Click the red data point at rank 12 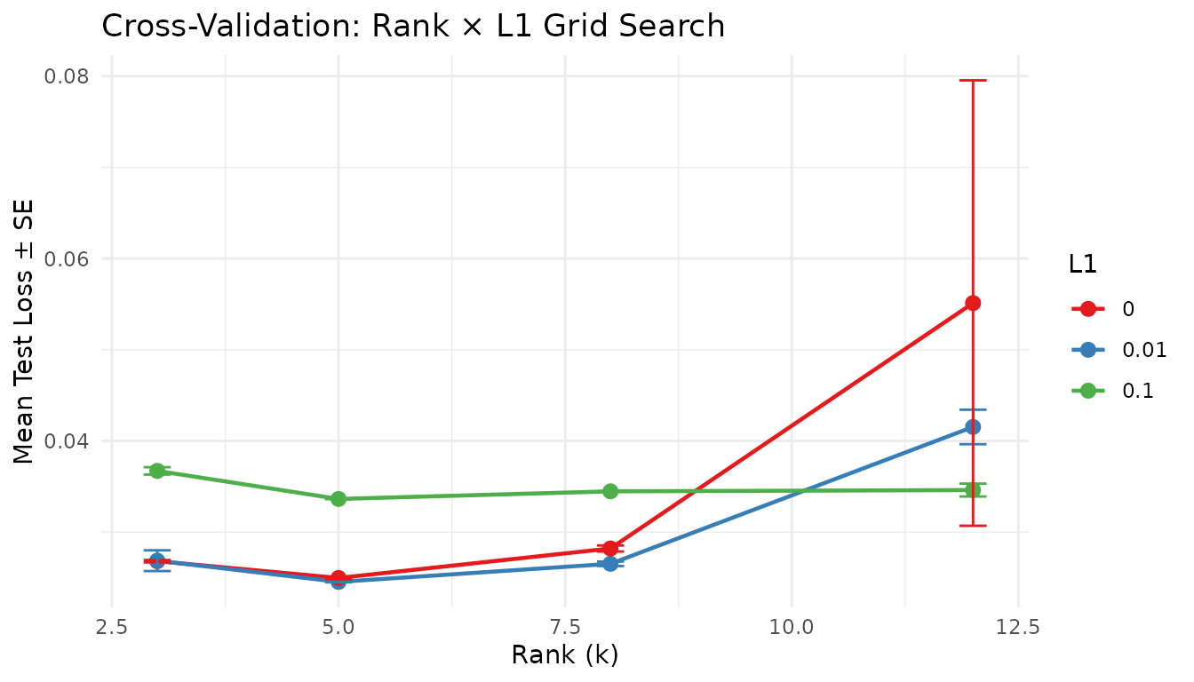[x=973, y=303]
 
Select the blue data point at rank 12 [x=973, y=427]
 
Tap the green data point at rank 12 [x=973, y=490]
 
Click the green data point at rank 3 [x=157, y=471]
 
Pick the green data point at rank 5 [x=338, y=499]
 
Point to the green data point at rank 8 [x=610, y=491]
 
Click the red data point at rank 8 [x=610, y=549]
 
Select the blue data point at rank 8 [x=610, y=564]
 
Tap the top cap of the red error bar [x=973, y=80]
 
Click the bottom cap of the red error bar [x=973, y=526]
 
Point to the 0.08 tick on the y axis [x=68, y=76]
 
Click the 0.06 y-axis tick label [x=68, y=258]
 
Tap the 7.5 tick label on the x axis [x=565, y=627]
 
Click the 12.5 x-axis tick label [x=1018, y=627]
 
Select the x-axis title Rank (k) [x=565, y=656]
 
